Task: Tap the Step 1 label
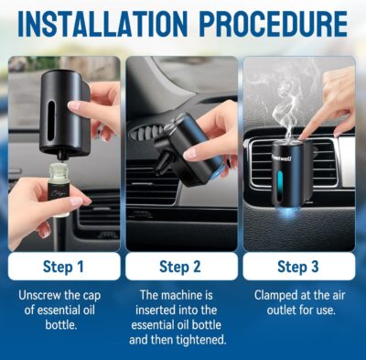(63, 267)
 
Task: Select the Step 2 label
(183, 267)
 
